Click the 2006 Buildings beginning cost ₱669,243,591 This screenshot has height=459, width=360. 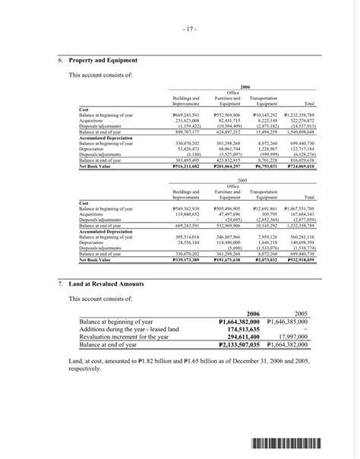click(185, 114)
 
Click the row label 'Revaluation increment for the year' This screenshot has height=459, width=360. click(124, 335)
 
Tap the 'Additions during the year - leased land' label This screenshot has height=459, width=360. click(129, 328)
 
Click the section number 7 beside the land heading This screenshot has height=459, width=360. click(61, 283)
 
